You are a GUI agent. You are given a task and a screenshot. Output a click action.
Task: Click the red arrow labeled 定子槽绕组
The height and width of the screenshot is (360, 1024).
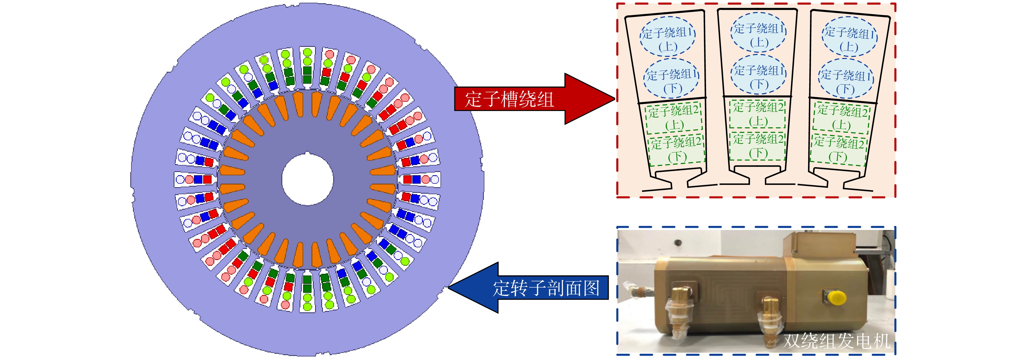coord(535,99)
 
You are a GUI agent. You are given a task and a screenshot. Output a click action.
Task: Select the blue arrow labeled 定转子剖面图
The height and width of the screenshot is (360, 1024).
coord(529,288)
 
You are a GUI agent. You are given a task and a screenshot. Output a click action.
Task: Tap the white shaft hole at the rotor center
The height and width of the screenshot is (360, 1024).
coord(307,179)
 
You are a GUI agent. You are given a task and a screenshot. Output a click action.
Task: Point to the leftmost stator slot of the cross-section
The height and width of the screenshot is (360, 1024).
coord(195,180)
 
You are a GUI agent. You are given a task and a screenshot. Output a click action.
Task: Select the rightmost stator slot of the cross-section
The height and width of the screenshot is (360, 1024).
coord(419,180)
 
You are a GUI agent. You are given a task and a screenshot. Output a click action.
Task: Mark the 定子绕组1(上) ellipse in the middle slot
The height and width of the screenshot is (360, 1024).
coord(759,33)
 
